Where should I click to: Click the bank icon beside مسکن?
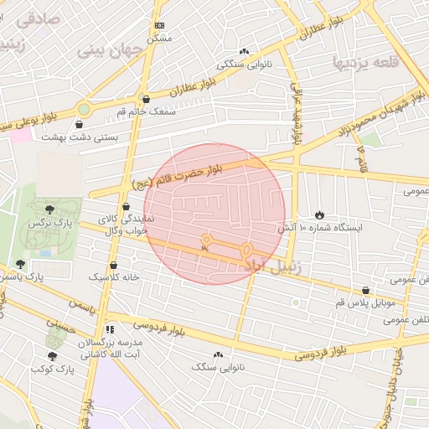pyautogui.click(x=160, y=26)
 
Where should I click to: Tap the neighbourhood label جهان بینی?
pyautogui.click(x=106, y=49)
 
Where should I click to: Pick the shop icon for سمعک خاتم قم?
pyautogui.click(x=146, y=99)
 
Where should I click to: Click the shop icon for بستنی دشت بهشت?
pyautogui.click(x=79, y=124)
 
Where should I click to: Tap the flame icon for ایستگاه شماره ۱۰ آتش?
pyautogui.click(x=318, y=215)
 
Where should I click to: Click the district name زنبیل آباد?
pyautogui.click(x=277, y=264)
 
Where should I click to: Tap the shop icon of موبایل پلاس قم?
pyautogui.click(x=365, y=289)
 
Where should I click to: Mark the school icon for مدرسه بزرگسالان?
pyautogui.click(x=110, y=330)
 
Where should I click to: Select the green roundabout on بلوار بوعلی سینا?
pyautogui.click(x=84, y=108)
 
